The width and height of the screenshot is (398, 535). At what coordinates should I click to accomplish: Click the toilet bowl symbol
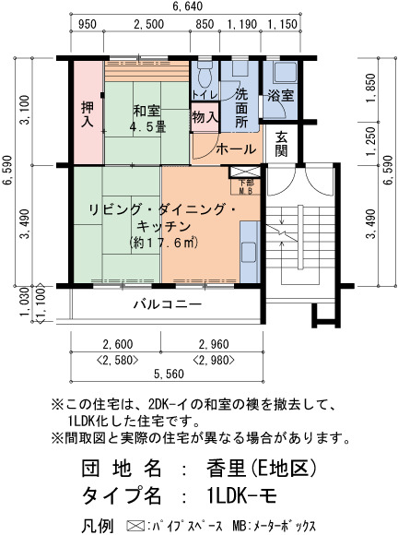(205, 74)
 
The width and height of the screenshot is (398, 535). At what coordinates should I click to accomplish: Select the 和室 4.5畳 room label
(147, 118)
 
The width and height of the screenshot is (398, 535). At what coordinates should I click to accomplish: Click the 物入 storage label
(205, 117)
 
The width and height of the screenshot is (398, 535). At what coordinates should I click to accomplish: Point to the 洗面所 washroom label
(241, 109)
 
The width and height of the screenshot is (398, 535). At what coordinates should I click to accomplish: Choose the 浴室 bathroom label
(280, 95)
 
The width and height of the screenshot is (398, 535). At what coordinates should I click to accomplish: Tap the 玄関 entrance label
(281, 144)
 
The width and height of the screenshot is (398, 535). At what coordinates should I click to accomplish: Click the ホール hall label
(236, 149)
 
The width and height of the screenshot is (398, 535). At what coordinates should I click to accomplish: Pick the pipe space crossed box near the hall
(244, 172)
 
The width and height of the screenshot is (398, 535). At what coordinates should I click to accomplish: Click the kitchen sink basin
(249, 252)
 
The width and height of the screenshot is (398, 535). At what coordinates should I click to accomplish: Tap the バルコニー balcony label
(167, 303)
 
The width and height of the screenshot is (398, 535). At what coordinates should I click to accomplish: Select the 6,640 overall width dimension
(187, 6)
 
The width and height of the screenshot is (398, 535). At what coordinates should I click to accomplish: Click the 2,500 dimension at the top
(148, 24)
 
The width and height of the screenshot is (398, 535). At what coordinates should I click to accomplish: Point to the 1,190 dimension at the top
(241, 24)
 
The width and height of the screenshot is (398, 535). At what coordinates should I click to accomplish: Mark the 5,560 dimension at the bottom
(169, 374)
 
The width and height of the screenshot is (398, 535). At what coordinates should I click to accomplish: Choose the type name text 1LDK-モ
(241, 495)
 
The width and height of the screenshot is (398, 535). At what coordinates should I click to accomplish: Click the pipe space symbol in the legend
(136, 525)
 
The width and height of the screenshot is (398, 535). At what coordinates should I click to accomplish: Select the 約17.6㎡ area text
(164, 243)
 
